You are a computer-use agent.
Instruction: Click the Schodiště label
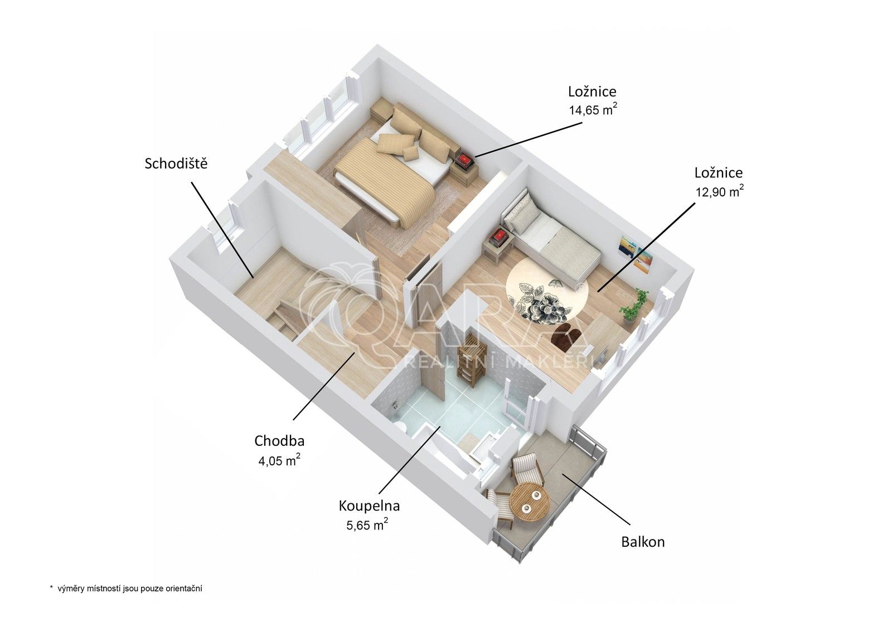pos(176,163)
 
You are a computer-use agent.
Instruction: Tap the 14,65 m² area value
pos(592,109)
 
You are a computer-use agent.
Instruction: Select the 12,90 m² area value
pos(719,191)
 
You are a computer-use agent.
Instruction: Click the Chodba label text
pos(279,441)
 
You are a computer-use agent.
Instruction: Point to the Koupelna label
pos(369,506)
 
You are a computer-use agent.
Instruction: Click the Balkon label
pos(643,542)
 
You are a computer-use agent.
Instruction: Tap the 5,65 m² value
pos(367,524)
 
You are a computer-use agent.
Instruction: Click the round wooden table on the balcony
pos(530,502)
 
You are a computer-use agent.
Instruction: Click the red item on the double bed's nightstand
pos(464,161)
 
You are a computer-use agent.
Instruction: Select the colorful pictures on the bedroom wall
pos(636,254)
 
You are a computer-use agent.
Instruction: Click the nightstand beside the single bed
pos(498,245)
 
